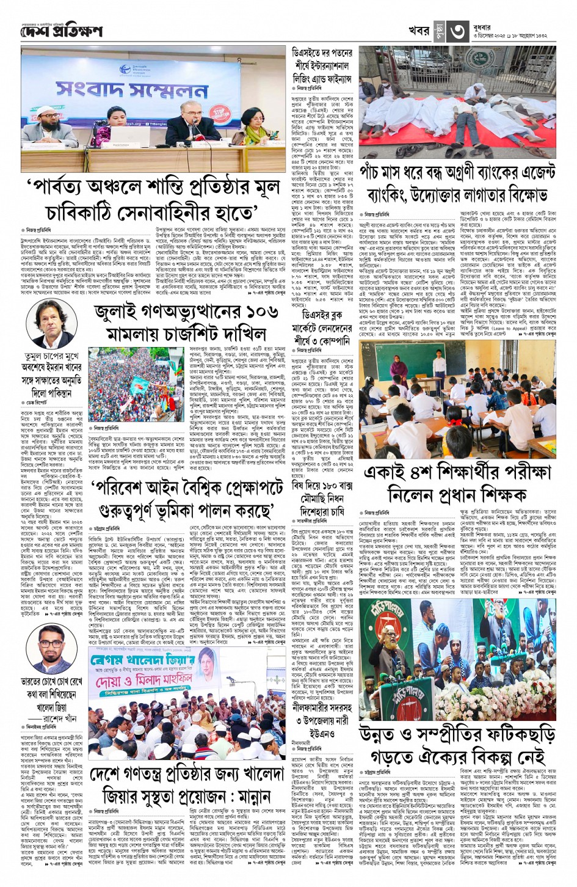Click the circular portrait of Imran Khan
tap(51, 324)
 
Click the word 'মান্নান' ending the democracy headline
tap(250, 797)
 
